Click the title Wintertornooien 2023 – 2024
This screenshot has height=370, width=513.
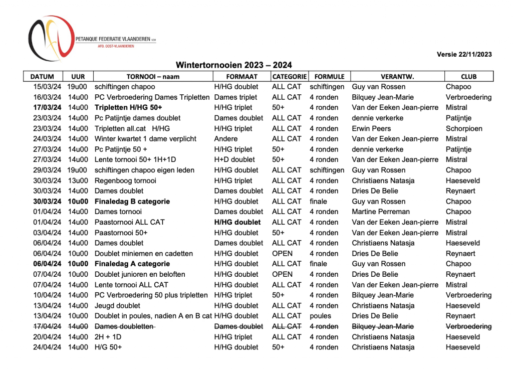pos(233,65)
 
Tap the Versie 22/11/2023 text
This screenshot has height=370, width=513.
pos(464,55)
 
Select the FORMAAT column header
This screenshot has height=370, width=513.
pos(241,77)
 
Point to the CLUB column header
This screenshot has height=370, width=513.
pos(468,77)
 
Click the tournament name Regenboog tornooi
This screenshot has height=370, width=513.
pos(125,180)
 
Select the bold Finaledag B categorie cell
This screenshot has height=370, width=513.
pos(132,202)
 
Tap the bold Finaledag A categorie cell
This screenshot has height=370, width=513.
pos(132,264)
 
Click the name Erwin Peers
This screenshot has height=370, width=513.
pos(371,128)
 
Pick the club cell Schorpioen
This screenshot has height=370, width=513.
pos(464,128)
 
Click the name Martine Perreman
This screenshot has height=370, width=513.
pos(381,212)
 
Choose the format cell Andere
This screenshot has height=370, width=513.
pos(226,139)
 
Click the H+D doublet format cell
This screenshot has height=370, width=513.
pos(234,159)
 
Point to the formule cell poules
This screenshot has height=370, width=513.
pos(320,316)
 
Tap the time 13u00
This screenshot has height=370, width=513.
pos(78,180)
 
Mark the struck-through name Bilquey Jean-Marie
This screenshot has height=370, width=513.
pos(383,326)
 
